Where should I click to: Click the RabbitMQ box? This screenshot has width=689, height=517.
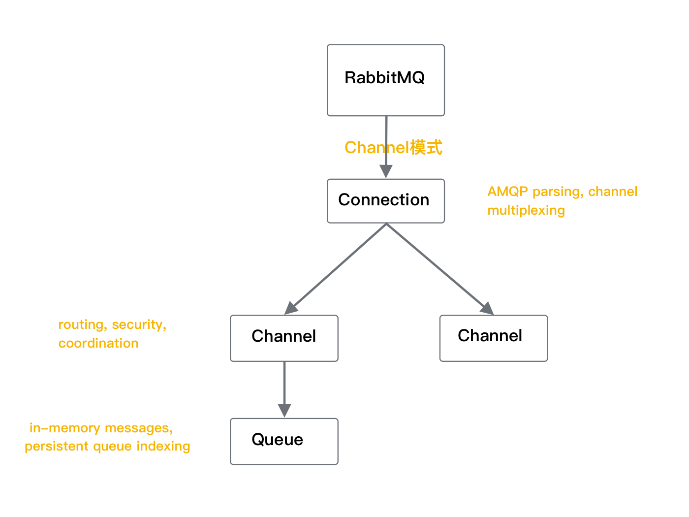coord(385,80)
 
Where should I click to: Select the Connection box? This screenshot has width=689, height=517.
coord(385,201)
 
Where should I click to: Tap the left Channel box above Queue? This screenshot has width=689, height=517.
coord(284,338)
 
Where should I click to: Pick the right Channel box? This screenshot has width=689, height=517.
coord(493,338)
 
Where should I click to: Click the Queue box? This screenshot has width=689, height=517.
coord(284,441)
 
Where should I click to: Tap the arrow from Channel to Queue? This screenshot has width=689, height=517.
coord(284,384)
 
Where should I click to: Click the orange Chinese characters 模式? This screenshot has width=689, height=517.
coord(426,147)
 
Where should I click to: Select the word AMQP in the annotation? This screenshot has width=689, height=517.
coord(507,192)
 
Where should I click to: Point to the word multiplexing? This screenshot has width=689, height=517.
coord(526,210)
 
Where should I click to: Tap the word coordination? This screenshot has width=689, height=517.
coord(98,343)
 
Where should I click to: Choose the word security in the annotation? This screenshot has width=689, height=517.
coord(139,325)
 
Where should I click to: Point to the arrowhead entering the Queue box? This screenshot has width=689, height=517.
coord(284,411)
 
